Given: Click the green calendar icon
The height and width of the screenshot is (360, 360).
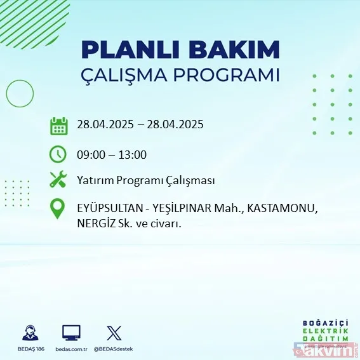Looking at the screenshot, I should click(58, 125).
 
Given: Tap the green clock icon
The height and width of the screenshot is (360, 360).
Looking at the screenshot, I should click(58, 154).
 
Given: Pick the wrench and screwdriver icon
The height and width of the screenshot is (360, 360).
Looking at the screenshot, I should click(58, 180).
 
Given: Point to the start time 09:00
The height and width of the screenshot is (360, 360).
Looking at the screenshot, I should click(91, 154).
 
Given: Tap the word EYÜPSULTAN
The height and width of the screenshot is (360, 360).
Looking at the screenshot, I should click(109, 209).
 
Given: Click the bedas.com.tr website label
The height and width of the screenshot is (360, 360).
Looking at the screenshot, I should click(71, 349).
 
